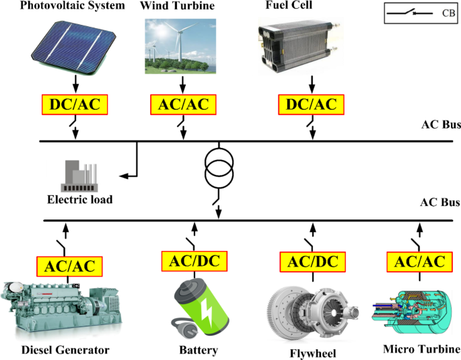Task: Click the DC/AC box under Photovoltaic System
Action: pyautogui.click(x=75, y=105)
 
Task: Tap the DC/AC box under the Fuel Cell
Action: pyautogui.click(x=312, y=105)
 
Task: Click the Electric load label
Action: pyautogui.click(x=80, y=199)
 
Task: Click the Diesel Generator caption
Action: pyautogui.click(x=65, y=350)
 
